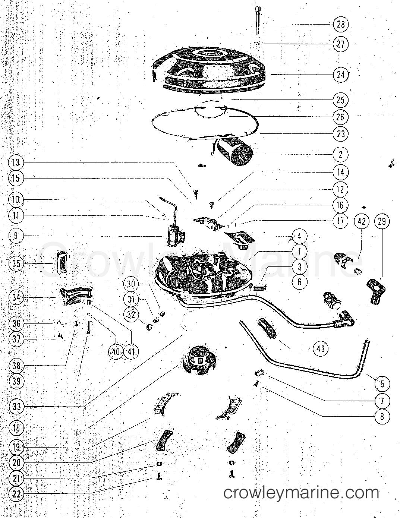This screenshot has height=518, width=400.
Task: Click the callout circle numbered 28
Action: [x=341, y=24]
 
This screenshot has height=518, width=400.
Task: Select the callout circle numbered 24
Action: [x=341, y=75]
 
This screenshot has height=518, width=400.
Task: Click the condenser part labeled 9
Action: [x=173, y=237]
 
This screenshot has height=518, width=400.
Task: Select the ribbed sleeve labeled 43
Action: [x=267, y=328]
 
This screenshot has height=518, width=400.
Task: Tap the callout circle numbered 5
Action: [x=382, y=384]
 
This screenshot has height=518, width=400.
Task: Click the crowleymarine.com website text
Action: [x=301, y=493]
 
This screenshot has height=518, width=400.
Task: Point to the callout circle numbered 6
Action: [x=299, y=282]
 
